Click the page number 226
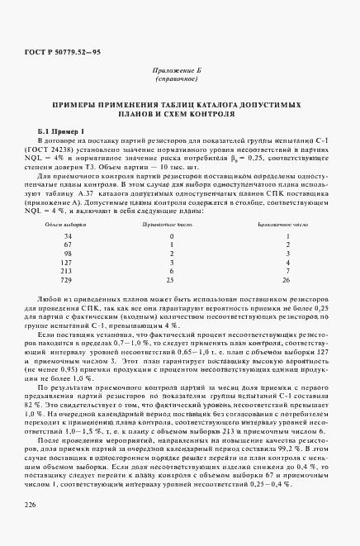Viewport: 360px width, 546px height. [x=30, y=503]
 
